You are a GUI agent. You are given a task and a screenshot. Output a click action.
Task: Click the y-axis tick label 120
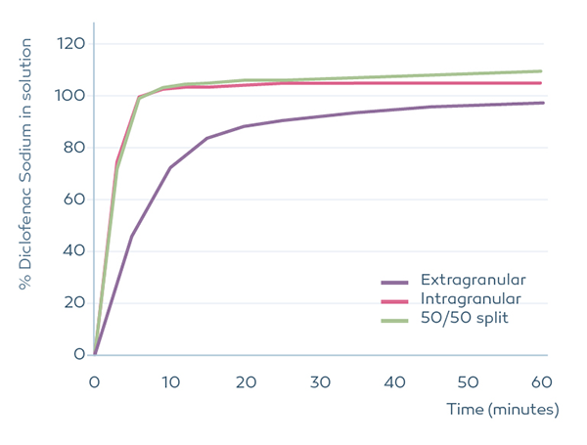click(x=70, y=44)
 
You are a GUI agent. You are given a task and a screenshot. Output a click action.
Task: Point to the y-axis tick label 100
click(x=70, y=96)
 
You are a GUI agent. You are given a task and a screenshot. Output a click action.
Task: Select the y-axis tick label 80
click(x=73, y=148)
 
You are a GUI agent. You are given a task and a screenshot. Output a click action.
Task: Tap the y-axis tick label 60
click(x=73, y=200)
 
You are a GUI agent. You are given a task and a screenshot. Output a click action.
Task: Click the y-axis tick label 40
click(x=73, y=251)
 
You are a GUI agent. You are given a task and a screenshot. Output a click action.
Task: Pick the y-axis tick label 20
click(x=73, y=302)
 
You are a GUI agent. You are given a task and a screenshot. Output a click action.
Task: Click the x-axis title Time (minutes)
click(x=503, y=410)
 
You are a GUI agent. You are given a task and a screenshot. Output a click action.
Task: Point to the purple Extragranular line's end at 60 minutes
click(x=544, y=103)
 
